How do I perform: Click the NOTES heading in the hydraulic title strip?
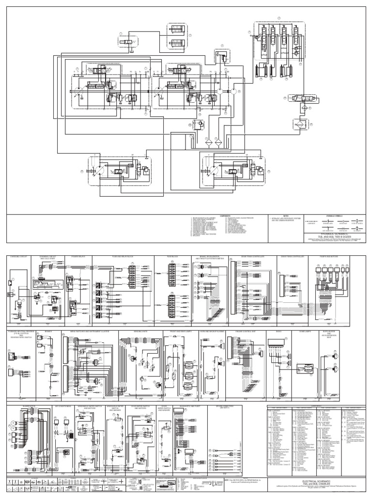pyautogui.click(x=286, y=217)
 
